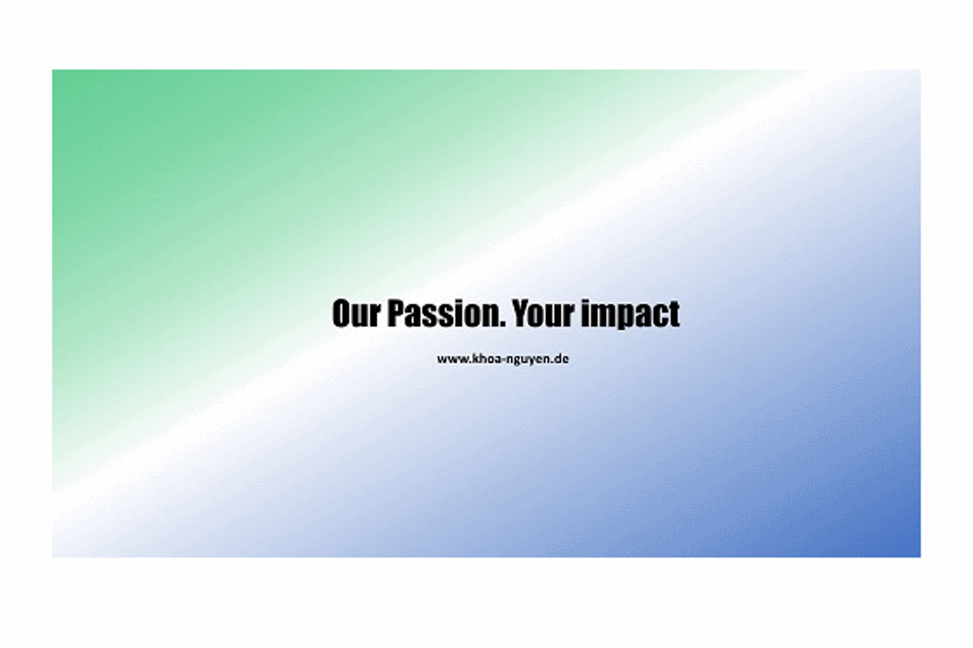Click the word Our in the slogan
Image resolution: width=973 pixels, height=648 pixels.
[356, 313]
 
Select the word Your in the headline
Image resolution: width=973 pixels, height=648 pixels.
[544, 313]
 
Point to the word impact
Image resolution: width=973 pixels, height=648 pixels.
[630, 314]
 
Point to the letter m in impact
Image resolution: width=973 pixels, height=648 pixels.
[602, 316]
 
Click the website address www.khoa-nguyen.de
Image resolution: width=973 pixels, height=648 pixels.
[503, 359]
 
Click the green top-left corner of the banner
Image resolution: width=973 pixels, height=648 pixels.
[53, 70]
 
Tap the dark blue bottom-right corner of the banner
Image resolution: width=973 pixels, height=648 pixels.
[920, 557]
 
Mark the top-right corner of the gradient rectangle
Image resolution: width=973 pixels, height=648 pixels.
[920, 70]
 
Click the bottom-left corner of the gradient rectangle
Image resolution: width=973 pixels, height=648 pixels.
[53, 557]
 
